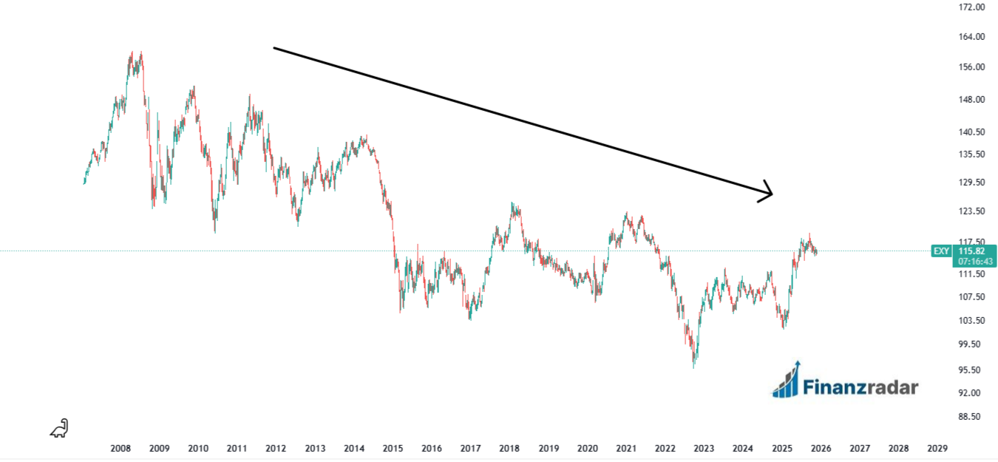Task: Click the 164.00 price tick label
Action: click(x=971, y=37)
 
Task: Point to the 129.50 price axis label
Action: click(x=971, y=182)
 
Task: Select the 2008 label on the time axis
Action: click(x=120, y=449)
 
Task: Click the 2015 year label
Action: click(x=393, y=449)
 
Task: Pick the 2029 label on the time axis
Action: click(x=937, y=449)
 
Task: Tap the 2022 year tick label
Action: click(x=665, y=449)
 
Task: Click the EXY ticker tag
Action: click(x=941, y=251)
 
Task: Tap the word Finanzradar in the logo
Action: click(x=860, y=387)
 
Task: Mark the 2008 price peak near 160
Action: click(x=134, y=53)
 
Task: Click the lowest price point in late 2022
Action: click(x=693, y=366)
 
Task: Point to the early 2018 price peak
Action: click(x=512, y=204)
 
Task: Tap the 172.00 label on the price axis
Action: click(x=971, y=7)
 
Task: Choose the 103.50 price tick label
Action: click(x=971, y=321)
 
